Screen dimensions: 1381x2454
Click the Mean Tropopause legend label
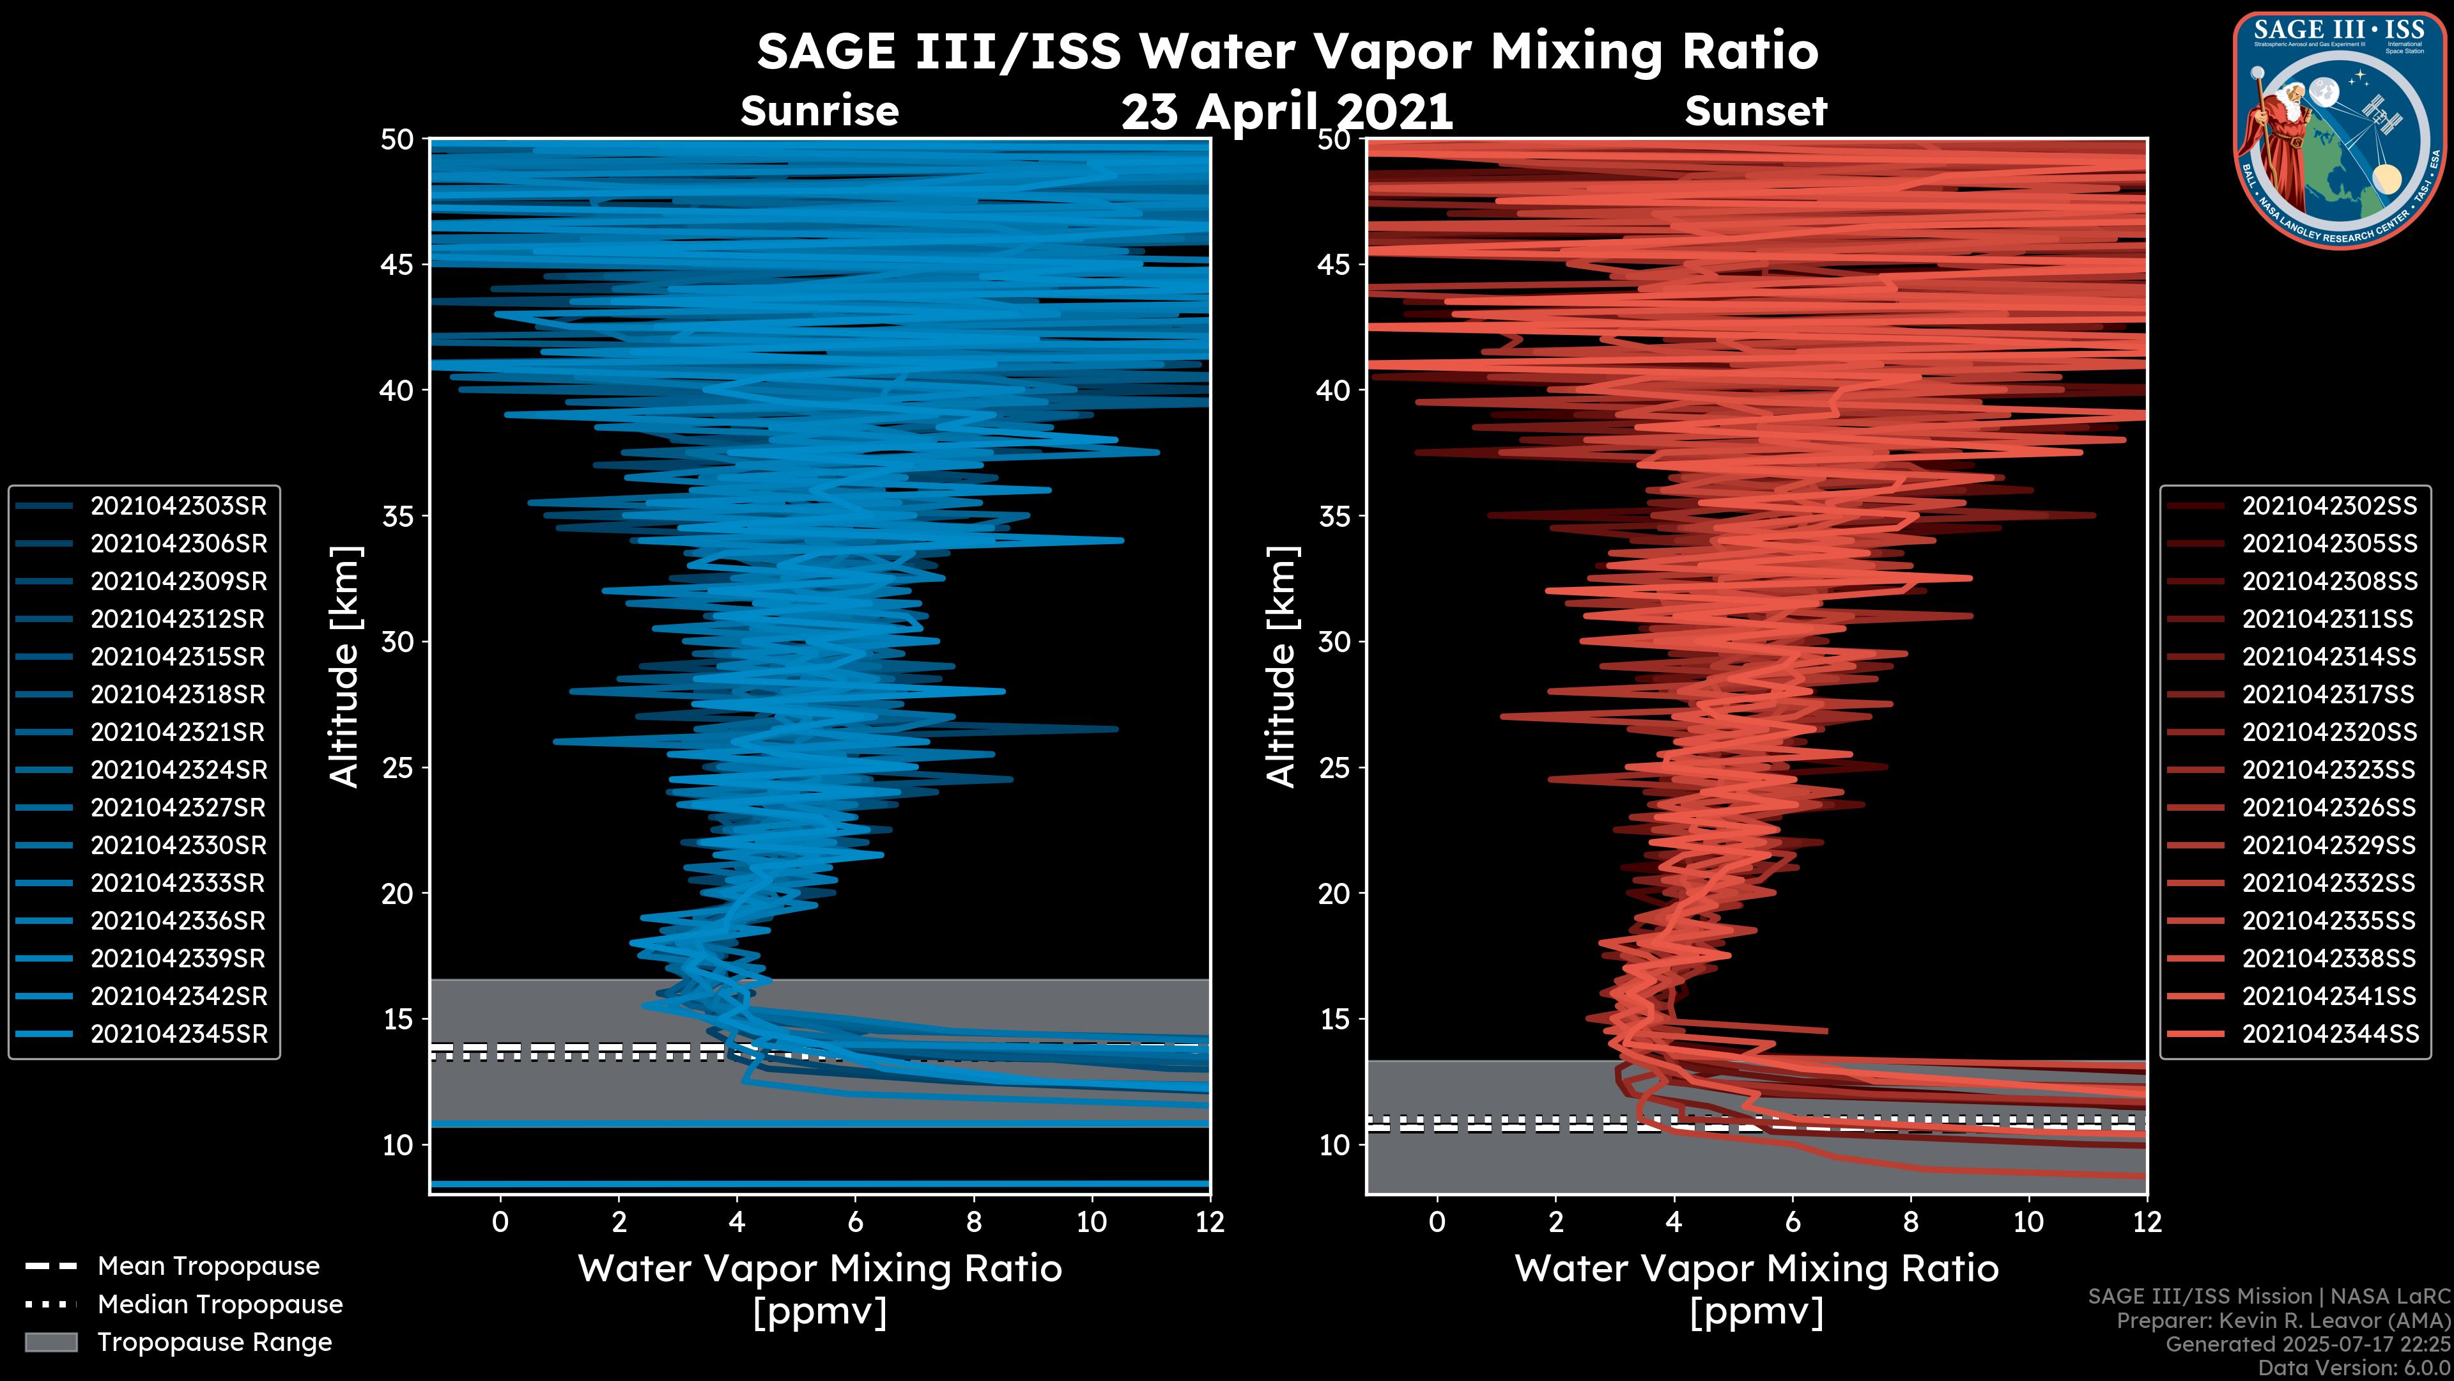pyautogui.click(x=208, y=1266)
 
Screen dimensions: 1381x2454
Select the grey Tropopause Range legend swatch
pyautogui.click(x=50, y=1342)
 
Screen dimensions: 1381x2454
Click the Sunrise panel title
pyautogui.click(x=819, y=111)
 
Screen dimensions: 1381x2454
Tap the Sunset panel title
pyautogui.click(x=1756, y=111)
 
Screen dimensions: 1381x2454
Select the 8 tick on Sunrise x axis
pyautogui.click(x=973, y=1222)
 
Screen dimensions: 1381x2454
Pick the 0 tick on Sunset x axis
pyautogui.click(x=1437, y=1222)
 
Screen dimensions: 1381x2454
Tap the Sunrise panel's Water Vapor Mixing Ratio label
pyautogui.click(x=819, y=1268)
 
